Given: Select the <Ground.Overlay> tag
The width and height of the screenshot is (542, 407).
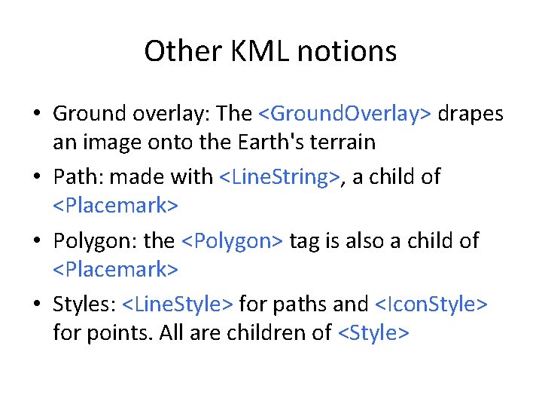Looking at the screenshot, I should tap(345, 113).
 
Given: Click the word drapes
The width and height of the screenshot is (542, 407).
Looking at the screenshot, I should tap(470, 113).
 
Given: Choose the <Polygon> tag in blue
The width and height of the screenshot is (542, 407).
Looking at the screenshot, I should tap(232, 241).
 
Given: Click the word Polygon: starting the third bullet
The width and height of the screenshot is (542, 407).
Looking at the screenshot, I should tap(95, 241).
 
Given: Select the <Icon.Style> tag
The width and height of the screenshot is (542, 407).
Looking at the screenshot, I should tap(431, 305).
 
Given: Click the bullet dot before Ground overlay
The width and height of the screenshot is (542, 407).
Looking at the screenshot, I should tap(36, 114).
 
